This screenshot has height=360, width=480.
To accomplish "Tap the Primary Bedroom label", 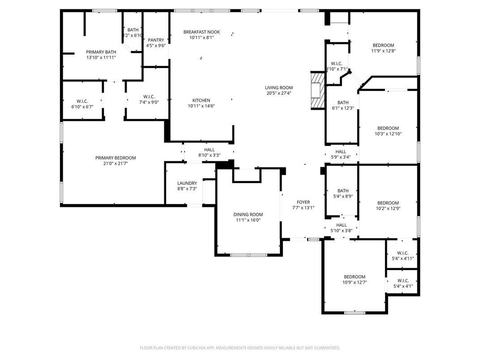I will click(116, 158).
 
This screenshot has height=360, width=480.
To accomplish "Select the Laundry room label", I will click(187, 183).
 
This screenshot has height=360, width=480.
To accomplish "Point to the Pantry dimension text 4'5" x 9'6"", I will click(156, 46).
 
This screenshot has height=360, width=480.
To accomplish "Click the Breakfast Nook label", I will click(201, 32).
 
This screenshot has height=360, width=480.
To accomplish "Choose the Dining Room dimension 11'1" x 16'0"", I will click(248, 220).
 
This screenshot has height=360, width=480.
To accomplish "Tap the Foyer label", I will click(303, 202).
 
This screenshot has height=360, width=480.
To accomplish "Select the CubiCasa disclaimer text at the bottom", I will click(240, 347).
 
